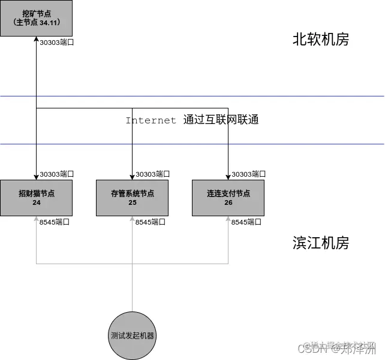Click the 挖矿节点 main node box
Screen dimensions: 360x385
pyautogui.click(x=36, y=18)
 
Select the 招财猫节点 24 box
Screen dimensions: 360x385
pyautogui.click(x=36, y=198)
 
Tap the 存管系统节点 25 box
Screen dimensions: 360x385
pyautogui.click(x=132, y=198)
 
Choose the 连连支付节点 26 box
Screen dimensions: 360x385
pyautogui.click(x=228, y=198)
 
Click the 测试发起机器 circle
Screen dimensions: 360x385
pyautogui.click(x=132, y=335)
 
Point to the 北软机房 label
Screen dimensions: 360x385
pyautogui.click(x=320, y=40)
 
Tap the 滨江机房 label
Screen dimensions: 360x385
pyautogui.click(x=320, y=243)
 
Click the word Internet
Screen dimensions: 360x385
pyautogui.click(x=151, y=120)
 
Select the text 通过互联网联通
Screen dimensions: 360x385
pyautogui.click(x=221, y=120)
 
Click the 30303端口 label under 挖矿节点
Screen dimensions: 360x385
pyautogui.click(x=56, y=43)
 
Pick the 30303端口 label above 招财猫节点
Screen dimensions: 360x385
pyautogui.click(x=56, y=174)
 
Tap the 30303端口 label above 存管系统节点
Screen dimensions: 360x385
pyautogui.click(x=152, y=174)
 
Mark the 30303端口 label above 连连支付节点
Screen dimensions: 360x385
pyautogui.click(x=248, y=174)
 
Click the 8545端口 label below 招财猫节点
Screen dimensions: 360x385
pyautogui.click(x=55, y=222)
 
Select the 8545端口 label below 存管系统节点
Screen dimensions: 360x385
pyautogui.click(x=151, y=222)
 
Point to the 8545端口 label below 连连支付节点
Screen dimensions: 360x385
pyautogui.click(x=246, y=222)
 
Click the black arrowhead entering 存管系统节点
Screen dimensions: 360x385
pyautogui.click(x=132, y=177)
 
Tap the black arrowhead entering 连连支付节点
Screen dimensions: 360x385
pyautogui.click(x=228, y=177)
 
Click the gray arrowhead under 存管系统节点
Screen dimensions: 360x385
pyautogui.click(x=132, y=219)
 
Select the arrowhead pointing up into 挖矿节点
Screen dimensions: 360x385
pyautogui.click(x=36, y=40)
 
